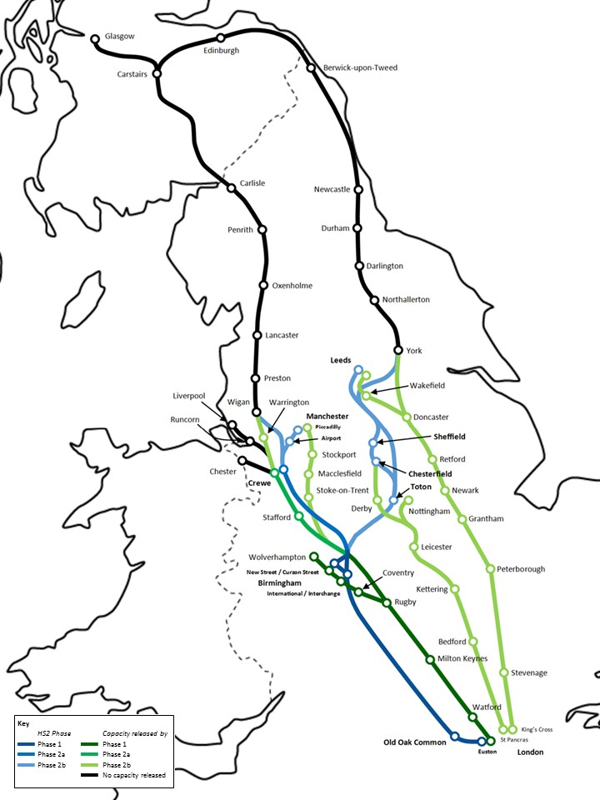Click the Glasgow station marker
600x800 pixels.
point(95,38)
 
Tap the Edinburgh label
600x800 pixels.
point(221,50)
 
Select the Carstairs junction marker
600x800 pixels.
point(156,73)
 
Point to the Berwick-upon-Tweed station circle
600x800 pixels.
point(311,67)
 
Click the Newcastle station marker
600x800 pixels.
point(358,190)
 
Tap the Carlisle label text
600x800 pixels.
point(252,183)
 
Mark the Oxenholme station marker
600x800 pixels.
point(263,286)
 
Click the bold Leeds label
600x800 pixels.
point(341,360)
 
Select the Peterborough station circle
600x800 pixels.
point(490,569)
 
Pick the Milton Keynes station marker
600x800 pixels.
point(430,659)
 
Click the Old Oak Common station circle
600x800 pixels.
point(454,736)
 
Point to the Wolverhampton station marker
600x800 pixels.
point(313,557)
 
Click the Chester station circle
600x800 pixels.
point(242,460)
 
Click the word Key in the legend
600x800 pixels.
point(22,723)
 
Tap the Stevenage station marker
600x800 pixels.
point(504,672)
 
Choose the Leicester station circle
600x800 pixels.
point(414,547)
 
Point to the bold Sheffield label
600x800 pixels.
point(448,436)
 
